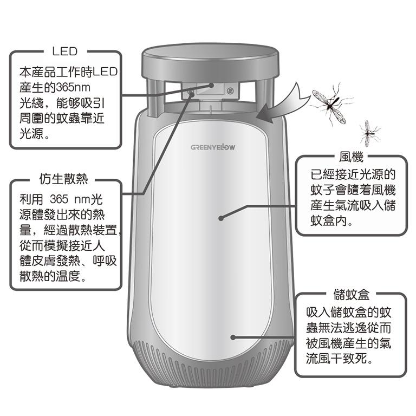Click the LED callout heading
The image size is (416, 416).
pyautogui.click(x=65, y=51)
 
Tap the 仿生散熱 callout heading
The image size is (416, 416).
pyautogui.click(x=63, y=179)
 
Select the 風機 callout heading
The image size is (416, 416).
pyautogui.click(x=351, y=157)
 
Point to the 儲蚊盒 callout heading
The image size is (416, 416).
pyautogui.click(x=351, y=294)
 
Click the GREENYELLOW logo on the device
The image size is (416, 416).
pyautogui.click(x=213, y=147)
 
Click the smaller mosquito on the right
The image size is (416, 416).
pyautogui.click(x=369, y=133)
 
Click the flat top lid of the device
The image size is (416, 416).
pyautogui.click(x=210, y=62)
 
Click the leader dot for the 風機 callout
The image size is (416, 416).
pyautogui.click(x=221, y=218)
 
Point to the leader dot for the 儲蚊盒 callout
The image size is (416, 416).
pyautogui.click(x=233, y=337)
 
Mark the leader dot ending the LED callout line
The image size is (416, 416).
pyautogui.click(x=211, y=86)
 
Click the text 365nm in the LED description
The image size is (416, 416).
pyautogui.click(x=74, y=87)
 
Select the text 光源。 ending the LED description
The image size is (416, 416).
pyautogui.click(x=35, y=133)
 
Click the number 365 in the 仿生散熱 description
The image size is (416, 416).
pyautogui.click(x=59, y=199)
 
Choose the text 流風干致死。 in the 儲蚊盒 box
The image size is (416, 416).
pyautogui.click(x=340, y=359)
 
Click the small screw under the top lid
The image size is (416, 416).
pyautogui.click(x=230, y=91)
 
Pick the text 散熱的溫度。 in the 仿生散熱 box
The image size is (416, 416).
pyautogui.click(x=53, y=276)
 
